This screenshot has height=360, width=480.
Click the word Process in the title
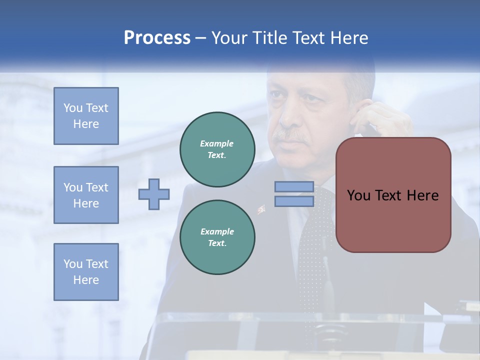coord(157,38)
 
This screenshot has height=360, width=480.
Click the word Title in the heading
coord(271,38)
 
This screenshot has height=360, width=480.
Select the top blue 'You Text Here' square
coord(86,116)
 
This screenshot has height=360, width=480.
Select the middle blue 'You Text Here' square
coord(86,195)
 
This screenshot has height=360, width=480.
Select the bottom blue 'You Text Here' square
coord(86,272)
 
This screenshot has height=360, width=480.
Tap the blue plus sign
coord(154,194)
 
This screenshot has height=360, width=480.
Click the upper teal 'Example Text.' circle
coord(217,149)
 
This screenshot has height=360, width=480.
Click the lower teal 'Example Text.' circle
coord(217,237)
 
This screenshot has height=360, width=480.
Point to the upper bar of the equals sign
coord(294,187)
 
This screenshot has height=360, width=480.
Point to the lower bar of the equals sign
coord(294,201)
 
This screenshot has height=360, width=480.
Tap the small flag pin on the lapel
coord(261,209)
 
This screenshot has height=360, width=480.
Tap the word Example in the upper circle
coord(216,143)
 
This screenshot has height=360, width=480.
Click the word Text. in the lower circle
coord(217,243)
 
